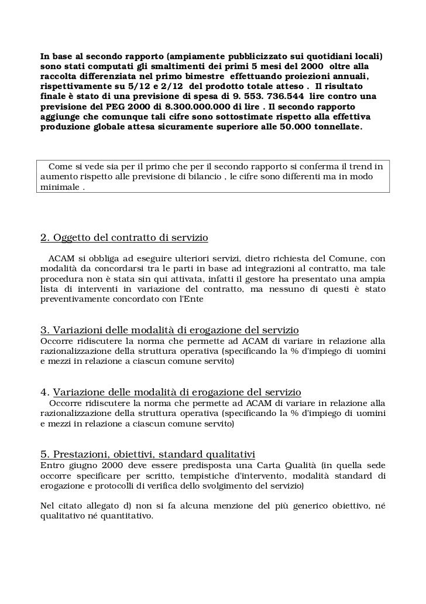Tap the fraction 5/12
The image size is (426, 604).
point(121,86)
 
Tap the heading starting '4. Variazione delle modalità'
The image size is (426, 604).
point(171,391)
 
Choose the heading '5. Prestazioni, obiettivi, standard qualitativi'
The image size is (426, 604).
point(147,454)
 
